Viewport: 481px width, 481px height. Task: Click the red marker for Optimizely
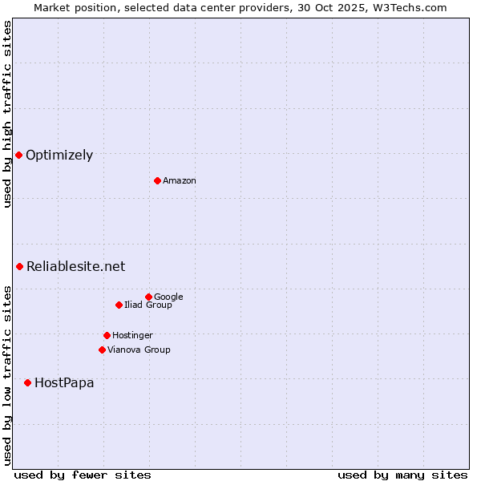point(18,155)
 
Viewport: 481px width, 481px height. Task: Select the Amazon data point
point(157,180)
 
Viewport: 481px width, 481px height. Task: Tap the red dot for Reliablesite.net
point(19,266)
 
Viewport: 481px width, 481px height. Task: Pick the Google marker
point(148,297)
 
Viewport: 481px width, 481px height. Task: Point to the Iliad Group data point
point(119,305)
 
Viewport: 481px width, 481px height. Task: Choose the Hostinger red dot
point(107,335)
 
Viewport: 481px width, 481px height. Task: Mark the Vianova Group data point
point(102,350)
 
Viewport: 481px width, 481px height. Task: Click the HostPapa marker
point(27,382)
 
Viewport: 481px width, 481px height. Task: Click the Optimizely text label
point(59,156)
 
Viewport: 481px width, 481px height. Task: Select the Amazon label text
point(180,181)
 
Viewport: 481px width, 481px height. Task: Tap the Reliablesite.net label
point(75,267)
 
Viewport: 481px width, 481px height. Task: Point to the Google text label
point(168,297)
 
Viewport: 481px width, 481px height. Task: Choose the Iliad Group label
point(148,305)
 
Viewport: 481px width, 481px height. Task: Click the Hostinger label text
point(132,336)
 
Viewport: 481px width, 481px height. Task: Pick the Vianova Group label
point(139,350)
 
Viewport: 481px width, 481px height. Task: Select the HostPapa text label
point(64,383)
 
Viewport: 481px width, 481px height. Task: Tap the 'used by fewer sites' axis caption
point(83,475)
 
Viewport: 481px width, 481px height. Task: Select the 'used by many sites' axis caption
point(402,475)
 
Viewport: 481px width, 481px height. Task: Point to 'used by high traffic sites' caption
point(8,114)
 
